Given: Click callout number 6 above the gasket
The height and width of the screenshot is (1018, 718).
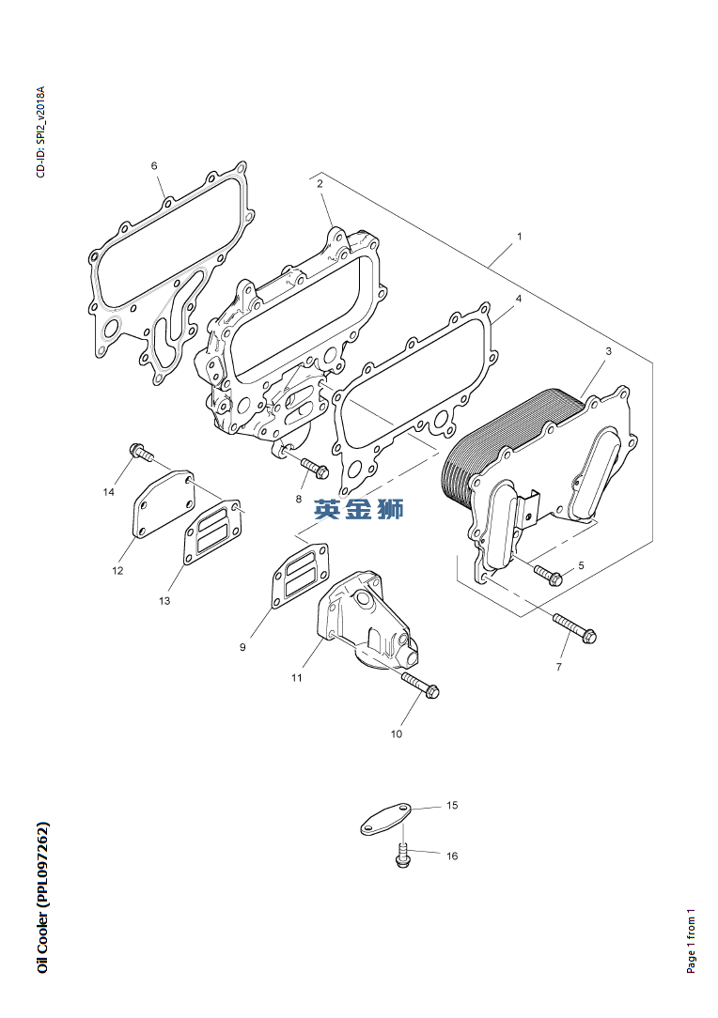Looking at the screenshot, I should point(154,166).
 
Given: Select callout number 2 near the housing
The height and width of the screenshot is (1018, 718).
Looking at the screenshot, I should point(320,184).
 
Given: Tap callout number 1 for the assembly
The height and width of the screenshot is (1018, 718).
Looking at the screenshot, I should point(519,237).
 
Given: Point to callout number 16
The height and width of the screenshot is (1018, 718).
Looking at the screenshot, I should point(452,856).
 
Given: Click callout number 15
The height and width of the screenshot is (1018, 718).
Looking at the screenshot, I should point(452,806).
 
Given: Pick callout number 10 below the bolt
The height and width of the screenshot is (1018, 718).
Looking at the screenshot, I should point(396,733).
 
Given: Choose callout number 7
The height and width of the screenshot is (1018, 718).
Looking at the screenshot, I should point(558,667).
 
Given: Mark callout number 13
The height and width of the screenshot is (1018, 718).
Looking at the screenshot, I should point(164,600).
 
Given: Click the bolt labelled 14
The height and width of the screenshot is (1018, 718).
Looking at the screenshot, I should point(141,454).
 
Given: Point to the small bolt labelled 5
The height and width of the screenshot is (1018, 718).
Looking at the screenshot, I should point(547,572).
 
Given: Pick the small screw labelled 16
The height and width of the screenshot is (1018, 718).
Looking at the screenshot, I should point(403,856).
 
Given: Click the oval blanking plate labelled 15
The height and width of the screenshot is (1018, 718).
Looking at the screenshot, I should point(386,818).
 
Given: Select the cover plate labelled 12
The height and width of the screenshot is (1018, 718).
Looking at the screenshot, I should point(163,504).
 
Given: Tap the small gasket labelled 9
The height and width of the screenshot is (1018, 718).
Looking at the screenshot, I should point(298,574).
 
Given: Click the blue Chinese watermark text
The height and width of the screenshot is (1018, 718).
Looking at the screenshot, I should point(359,510).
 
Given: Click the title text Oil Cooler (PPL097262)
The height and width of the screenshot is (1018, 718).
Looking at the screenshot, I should point(43,899).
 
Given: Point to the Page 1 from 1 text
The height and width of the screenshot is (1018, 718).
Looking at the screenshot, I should point(692,940).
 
